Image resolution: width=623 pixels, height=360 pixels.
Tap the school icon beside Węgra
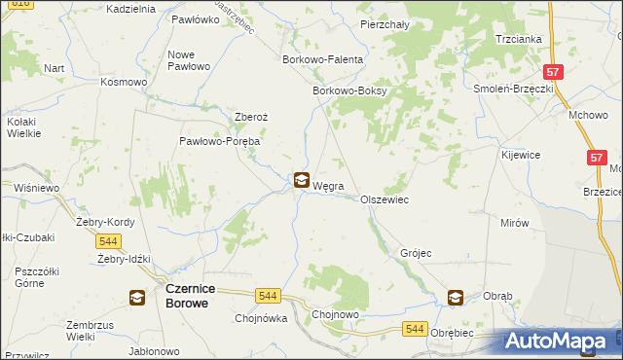tap(302, 180)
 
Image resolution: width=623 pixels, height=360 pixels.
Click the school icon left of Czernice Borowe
tap(138, 298)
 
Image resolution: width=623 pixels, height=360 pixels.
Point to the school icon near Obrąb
tap(457, 298)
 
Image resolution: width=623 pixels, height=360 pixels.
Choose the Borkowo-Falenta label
tap(322, 59)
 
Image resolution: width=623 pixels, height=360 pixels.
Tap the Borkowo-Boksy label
tap(349, 91)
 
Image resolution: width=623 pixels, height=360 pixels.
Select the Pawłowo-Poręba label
tap(219, 141)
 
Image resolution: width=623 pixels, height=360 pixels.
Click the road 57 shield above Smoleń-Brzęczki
tap(553, 72)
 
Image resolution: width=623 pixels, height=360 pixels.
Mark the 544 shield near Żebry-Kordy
tap(109, 241)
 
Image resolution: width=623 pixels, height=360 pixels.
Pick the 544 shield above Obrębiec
tap(415, 330)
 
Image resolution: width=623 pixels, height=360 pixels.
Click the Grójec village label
tap(416, 253)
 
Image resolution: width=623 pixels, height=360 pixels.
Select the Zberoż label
tap(251, 117)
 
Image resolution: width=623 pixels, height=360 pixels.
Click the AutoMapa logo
tap(562, 341)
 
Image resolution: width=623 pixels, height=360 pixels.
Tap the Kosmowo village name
tap(124, 82)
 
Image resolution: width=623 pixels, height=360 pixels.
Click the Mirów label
tap(514, 223)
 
